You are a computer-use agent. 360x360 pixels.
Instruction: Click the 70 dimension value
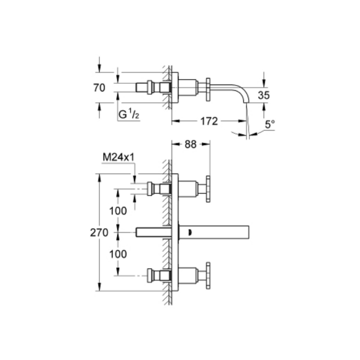pos(99,88)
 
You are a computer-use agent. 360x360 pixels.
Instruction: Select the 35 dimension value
pos(264,95)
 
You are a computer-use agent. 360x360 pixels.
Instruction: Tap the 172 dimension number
pos(209,121)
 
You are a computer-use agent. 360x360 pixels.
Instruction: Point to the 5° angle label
pos(270,125)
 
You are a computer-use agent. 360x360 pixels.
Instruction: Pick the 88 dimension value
pos(190,144)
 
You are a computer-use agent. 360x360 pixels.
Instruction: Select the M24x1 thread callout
pos(118,157)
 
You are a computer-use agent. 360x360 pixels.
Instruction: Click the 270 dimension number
pos(99,233)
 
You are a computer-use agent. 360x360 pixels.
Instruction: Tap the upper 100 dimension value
pos(118,211)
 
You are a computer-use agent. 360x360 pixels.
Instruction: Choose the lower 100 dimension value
pos(118,254)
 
